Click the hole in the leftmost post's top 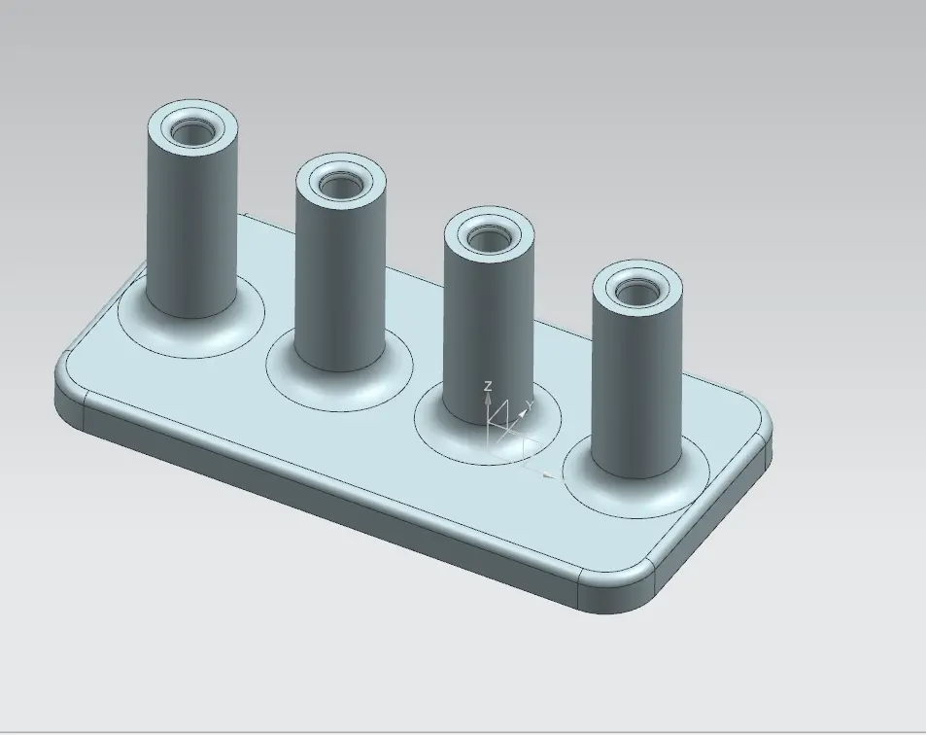point(191,129)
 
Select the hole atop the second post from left point(339,183)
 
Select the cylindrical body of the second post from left point(339,277)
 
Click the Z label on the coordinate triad point(488,386)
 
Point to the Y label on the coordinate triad point(529,403)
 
